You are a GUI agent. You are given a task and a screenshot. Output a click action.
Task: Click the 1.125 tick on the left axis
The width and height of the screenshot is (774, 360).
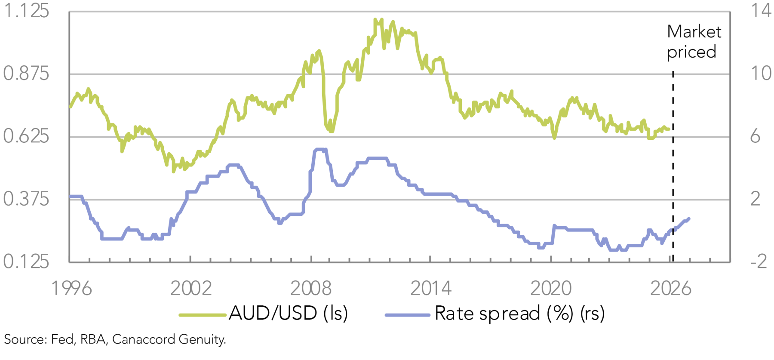point(26,11)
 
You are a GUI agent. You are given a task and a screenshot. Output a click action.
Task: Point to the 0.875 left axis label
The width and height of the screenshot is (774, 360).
point(26,74)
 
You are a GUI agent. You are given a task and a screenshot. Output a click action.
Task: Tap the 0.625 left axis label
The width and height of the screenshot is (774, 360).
point(26,136)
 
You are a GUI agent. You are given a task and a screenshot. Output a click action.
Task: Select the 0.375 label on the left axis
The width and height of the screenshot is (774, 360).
point(26,199)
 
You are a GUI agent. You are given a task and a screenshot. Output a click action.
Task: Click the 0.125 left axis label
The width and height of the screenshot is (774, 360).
point(26,262)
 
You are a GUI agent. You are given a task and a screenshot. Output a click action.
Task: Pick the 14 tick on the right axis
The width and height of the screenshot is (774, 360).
point(761,11)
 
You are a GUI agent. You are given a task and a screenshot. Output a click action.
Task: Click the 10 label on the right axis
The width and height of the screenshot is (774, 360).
point(761,74)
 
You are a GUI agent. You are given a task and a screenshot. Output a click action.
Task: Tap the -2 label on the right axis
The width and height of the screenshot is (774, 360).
point(759,262)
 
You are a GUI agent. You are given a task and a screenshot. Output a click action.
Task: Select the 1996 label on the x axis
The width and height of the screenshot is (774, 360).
point(71,289)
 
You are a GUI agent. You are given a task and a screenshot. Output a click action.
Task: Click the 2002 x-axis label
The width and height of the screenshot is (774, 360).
point(191,289)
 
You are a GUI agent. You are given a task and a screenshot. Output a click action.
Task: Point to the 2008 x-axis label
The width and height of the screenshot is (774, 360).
point(311,289)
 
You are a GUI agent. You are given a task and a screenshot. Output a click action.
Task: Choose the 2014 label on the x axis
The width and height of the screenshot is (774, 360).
point(431,289)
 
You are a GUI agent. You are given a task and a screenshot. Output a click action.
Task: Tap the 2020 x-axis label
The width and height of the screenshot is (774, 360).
point(551,289)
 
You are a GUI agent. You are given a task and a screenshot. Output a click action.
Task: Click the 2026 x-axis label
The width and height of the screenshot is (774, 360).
point(670,289)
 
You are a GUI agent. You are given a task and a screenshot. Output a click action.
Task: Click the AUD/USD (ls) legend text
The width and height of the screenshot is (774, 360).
point(288,313)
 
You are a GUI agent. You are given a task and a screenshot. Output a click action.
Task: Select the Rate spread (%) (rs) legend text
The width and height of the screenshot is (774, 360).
point(519,313)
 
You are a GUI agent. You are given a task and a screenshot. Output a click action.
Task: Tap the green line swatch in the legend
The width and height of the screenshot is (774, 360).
point(203,315)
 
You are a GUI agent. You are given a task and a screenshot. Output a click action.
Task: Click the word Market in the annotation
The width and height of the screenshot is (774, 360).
point(694,32)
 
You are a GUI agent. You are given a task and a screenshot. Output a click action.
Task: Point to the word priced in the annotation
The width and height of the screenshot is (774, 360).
point(691,52)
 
